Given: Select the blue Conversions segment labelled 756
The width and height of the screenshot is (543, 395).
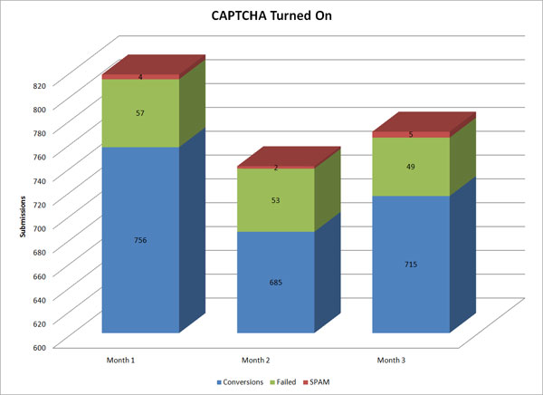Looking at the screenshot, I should (140, 240).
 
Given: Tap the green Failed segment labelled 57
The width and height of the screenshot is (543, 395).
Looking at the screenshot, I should (140, 112).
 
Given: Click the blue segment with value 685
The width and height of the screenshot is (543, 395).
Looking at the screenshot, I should (276, 283).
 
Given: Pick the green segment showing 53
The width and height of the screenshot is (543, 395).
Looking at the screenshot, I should (276, 200).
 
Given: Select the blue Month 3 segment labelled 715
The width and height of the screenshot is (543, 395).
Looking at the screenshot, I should (412, 265).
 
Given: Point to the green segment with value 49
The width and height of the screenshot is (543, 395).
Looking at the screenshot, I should (412, 166).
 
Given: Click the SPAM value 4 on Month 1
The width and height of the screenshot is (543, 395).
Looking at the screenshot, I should (140, 77).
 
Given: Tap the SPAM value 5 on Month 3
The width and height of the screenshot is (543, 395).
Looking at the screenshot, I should (412, 134).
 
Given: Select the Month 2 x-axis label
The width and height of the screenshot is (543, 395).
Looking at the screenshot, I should (256, 361).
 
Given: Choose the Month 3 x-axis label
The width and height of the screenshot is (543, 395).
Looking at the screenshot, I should (392, 361).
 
